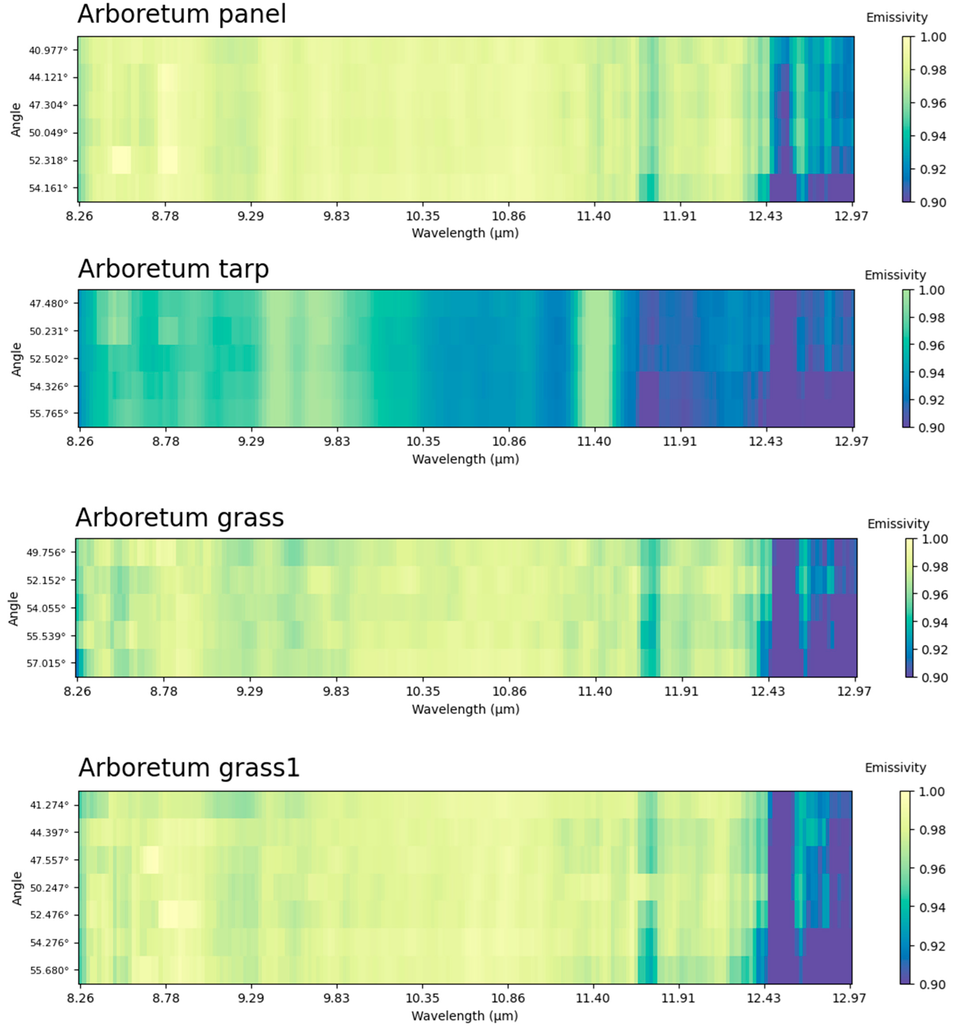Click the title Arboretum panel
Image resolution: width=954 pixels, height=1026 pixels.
click(x=182, y=14)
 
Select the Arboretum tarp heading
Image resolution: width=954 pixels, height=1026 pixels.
click(x=173, y=269)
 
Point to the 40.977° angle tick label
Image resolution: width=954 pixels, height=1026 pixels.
click(x=48, y=50)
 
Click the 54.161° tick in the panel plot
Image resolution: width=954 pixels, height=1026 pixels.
click(x=48, y=188)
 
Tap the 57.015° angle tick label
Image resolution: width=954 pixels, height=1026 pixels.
click(x=46, y=663)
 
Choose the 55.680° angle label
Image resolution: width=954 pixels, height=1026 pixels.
click(x=49, y=970)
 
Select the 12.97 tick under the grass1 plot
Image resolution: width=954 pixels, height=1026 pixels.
click(x=849, y=998)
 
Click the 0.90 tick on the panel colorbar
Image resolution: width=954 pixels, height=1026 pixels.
click(x=933, y=202)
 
